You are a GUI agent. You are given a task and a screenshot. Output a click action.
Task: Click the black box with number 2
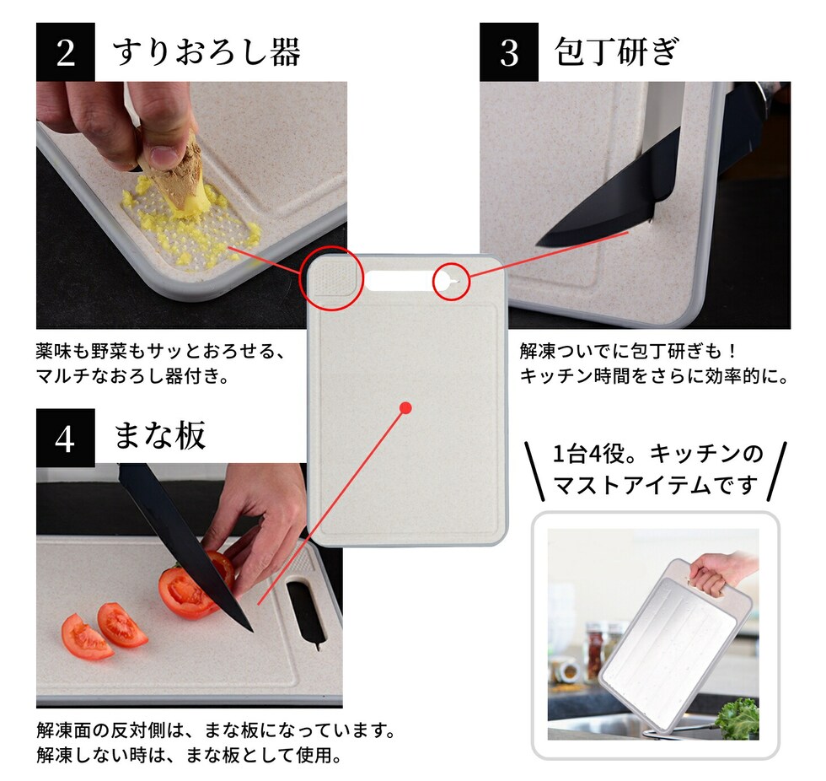pos(66,51)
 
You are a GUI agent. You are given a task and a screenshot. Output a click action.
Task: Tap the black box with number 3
pos(509,51)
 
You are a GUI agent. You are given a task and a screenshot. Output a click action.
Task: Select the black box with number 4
pos(66,438)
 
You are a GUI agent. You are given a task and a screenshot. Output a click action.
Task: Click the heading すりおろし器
pos(206,52)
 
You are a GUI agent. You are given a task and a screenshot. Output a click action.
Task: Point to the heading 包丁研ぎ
pos(616,51)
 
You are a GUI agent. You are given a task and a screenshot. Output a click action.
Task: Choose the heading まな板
pos(159,436)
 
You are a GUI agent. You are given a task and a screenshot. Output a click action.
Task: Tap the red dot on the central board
pos(405,408)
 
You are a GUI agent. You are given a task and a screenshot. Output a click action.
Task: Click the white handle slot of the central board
pos(398,281)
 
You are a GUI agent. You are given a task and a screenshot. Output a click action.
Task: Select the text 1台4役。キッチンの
pos(657,454)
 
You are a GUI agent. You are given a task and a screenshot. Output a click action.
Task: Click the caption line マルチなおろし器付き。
pos(132,376)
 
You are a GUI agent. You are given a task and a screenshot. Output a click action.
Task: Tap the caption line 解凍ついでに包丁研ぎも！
pos(628,351)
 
